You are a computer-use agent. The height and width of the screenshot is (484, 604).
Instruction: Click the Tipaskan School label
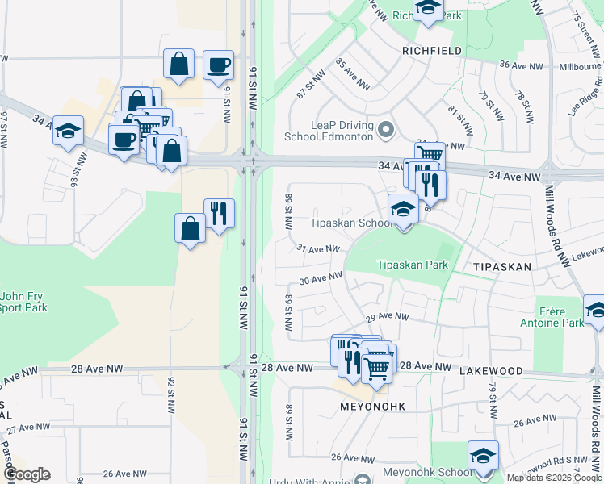click(x=349, y=223)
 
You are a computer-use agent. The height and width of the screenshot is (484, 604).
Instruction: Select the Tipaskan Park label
click(x=413, y=265)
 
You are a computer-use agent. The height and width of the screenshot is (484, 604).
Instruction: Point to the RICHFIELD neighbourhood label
click(x=432, y=50)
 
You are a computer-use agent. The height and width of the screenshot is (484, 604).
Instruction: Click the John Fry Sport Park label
click(x=23, y=301)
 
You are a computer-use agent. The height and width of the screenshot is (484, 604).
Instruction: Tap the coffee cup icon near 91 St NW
click(x=217, y=65)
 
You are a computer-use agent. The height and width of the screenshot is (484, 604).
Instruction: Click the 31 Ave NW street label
click(x=317, y=249)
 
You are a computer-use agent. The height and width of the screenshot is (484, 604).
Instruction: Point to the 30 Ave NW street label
click(x=321, y=278)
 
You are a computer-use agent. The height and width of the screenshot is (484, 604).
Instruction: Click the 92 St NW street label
click(x=171, y=395)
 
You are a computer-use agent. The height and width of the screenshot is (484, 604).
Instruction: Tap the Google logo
click(x=26, y=474)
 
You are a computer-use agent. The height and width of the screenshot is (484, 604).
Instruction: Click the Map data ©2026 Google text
click(x=554, y=478)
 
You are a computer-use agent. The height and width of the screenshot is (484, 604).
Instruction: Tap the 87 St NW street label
click(x=305, y=88)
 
